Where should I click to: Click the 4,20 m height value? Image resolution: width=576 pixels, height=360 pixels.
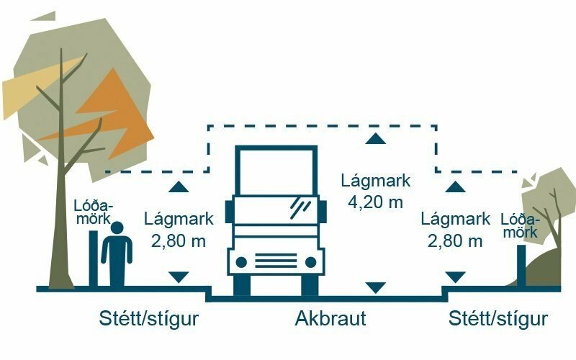[x=375, y=202]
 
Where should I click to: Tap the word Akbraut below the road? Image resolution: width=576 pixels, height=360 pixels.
[x=330, y=318]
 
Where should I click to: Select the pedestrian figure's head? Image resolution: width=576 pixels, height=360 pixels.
[x=117, y=228]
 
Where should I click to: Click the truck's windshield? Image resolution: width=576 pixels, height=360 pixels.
[x=276, y=210]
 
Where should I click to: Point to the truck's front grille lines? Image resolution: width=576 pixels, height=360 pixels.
[x=276, y=261]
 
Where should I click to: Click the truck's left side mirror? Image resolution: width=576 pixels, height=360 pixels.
[x=229, y=212]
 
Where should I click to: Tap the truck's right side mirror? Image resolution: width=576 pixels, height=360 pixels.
[x=322, y=212]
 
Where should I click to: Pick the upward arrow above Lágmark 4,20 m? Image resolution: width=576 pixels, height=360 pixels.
[x=375, y=138]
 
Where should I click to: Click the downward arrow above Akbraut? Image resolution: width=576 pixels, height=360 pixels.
[x=375, y=287]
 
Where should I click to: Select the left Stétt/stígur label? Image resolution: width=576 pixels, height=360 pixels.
[x=149, y=319]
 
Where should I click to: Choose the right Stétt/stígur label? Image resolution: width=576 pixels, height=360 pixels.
[x=498, y=319]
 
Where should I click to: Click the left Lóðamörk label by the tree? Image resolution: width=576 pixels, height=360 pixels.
[x=94, y=212]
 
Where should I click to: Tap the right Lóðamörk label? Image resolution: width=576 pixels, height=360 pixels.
[x=520, y=226]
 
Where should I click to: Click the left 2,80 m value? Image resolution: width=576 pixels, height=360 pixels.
[x=179, y=241]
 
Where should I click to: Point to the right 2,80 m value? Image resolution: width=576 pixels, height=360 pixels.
[x=455, y=241]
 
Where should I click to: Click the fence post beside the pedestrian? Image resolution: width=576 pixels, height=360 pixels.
[x=94, y=258]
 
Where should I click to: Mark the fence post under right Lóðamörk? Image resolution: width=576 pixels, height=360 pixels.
[x=521, y=266]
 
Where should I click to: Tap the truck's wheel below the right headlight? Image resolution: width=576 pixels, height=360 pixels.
[x=310, y=284]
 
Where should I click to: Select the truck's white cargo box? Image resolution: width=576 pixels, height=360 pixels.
[x=276, y=171]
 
